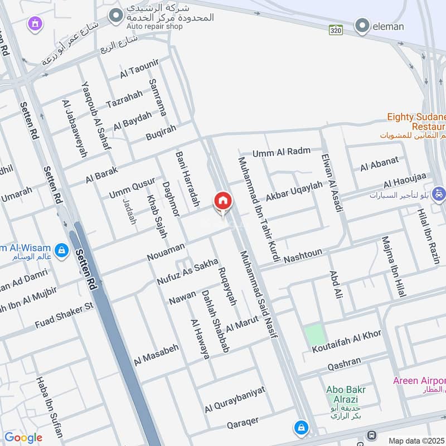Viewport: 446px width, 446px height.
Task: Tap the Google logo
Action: (23, 438)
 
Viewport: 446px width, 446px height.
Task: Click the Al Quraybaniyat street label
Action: (235, 399)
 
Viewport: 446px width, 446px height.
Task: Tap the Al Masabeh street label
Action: (156, 355)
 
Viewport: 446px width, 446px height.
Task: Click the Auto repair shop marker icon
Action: (115, 15)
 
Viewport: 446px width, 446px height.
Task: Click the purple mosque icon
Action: (35, 23)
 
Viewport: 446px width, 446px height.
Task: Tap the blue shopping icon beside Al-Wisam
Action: (62, 251)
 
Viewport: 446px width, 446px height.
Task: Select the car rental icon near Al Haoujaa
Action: (439, 193)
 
